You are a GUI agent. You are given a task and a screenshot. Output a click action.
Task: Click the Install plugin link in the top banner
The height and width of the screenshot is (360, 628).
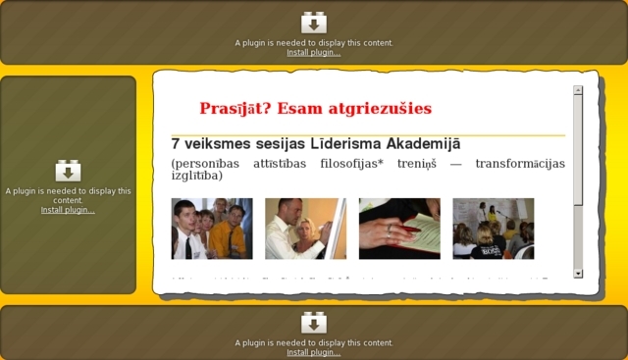(x=313, y=53)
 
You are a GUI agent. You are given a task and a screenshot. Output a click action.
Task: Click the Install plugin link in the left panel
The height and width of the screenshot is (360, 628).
(x=68, y=210)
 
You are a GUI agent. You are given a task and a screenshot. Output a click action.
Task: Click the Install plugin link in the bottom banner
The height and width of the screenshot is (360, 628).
(x=313, y=352)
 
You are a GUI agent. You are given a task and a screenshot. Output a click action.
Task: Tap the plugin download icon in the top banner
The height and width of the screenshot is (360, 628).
(x=313, y=23)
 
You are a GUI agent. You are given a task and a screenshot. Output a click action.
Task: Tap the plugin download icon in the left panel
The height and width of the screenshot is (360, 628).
(x=68, y=171)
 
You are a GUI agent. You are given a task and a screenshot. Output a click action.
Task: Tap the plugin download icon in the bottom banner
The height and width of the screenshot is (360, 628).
(x=313, y=322)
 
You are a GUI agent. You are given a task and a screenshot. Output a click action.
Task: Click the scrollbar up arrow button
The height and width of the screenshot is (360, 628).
(x=578, y=90)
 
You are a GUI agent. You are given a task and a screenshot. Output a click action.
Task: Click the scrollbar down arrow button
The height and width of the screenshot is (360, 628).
(x=578, y=273)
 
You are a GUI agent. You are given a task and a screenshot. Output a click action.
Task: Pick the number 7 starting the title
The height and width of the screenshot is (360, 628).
(x=176, y=144)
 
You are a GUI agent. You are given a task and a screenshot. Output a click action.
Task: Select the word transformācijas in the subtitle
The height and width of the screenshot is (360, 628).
(x=519, y=164)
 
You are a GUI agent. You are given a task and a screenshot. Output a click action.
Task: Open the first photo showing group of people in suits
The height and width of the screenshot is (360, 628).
(x=211, y=229)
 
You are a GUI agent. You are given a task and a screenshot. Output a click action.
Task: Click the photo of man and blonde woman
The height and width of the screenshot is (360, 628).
(x=305, y=229)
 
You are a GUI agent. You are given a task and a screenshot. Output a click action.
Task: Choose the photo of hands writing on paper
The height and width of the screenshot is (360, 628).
(x=398, y=229)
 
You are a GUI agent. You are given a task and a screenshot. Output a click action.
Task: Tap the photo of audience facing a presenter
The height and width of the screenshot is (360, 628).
(x=493, y=229)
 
